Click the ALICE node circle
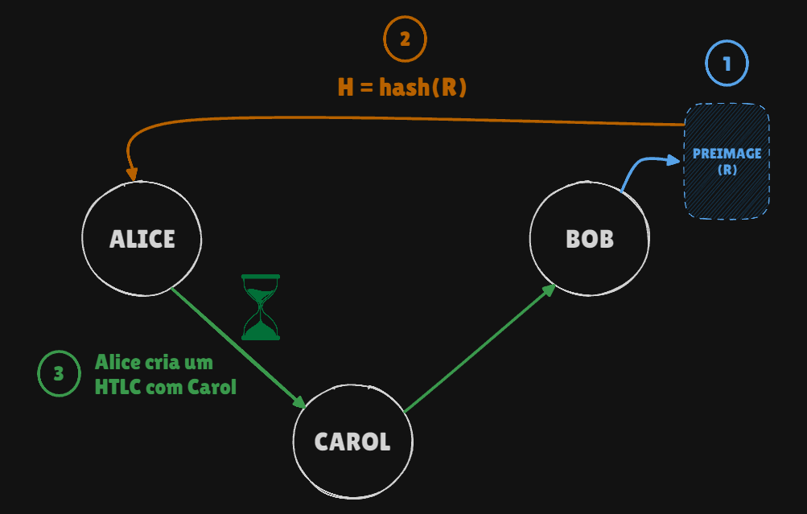click(142, 239)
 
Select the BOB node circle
click(589, 239)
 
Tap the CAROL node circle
click(352, 442)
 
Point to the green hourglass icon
click(261, 307)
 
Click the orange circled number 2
click(405, 39)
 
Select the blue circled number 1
click(727, 64)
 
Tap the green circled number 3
click(59, 373)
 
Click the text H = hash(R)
click(402, 87)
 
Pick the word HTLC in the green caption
click(117, 387)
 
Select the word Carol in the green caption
click(212, 387)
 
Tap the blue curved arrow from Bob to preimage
click(644, 167)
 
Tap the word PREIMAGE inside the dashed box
click(727, 154)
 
